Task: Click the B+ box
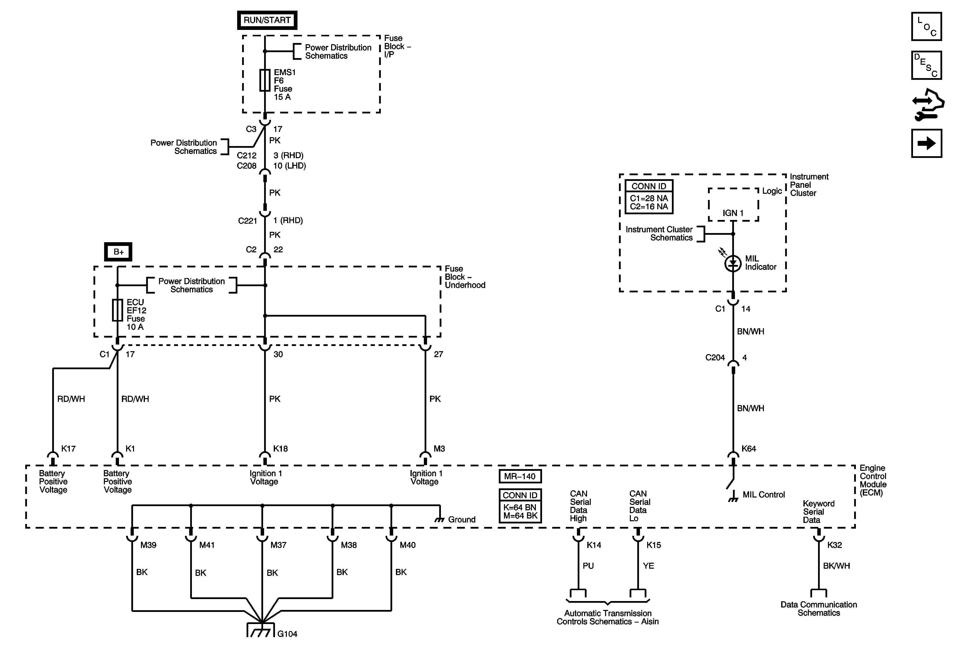118,252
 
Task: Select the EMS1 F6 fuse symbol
265,80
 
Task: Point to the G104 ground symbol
261,630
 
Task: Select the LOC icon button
926,27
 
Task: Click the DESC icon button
926,65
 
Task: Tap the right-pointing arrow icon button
926,143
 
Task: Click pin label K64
749,449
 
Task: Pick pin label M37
278,545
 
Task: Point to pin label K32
834,545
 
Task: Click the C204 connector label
715,358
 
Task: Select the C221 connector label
247,221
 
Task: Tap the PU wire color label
588,566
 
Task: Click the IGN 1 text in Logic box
733,213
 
